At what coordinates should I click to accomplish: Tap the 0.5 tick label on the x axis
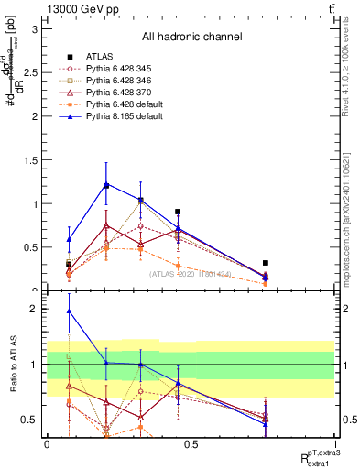(191, 444)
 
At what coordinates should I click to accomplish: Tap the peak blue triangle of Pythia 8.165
(106, 185)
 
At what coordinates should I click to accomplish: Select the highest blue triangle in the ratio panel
(70, 311)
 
